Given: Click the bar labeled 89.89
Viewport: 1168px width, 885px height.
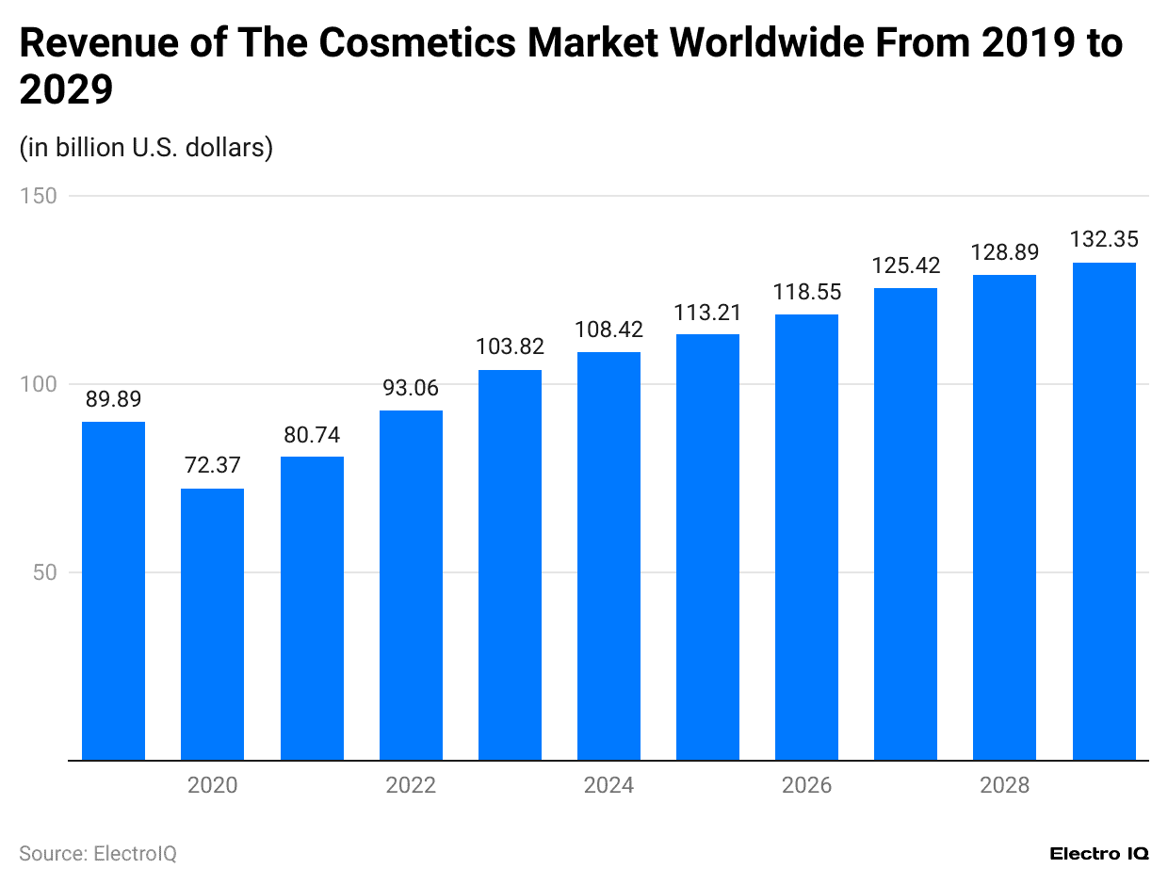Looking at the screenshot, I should (113, 590).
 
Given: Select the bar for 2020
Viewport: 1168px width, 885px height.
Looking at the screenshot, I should (212, 623).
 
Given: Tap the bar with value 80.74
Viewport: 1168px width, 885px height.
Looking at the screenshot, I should (312, 607).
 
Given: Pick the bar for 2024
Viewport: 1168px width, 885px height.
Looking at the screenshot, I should (608, 555).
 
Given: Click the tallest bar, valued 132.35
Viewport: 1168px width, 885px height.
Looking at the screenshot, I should (1104, 511).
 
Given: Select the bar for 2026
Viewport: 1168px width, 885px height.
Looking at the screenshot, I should (806, 537).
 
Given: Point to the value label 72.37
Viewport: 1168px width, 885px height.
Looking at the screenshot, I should (212, 465).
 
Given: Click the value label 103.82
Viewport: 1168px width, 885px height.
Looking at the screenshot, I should (510, 346).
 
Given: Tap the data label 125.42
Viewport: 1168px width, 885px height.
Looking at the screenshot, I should (905, 265).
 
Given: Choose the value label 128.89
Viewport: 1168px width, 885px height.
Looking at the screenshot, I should (1004, 251).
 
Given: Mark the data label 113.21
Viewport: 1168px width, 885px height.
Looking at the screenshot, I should (707, 312).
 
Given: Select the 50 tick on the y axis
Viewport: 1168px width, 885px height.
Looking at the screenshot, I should (43, 572).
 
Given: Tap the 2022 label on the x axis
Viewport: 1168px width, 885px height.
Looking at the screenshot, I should (411, 785).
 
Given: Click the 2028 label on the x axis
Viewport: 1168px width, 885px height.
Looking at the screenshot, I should (1004, 785).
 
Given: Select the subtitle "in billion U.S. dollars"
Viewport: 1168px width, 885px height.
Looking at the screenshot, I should (146, 148).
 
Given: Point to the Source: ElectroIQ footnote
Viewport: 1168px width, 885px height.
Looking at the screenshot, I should (98, 853).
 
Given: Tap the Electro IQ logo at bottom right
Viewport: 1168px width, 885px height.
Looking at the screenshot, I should (1099, 853).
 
